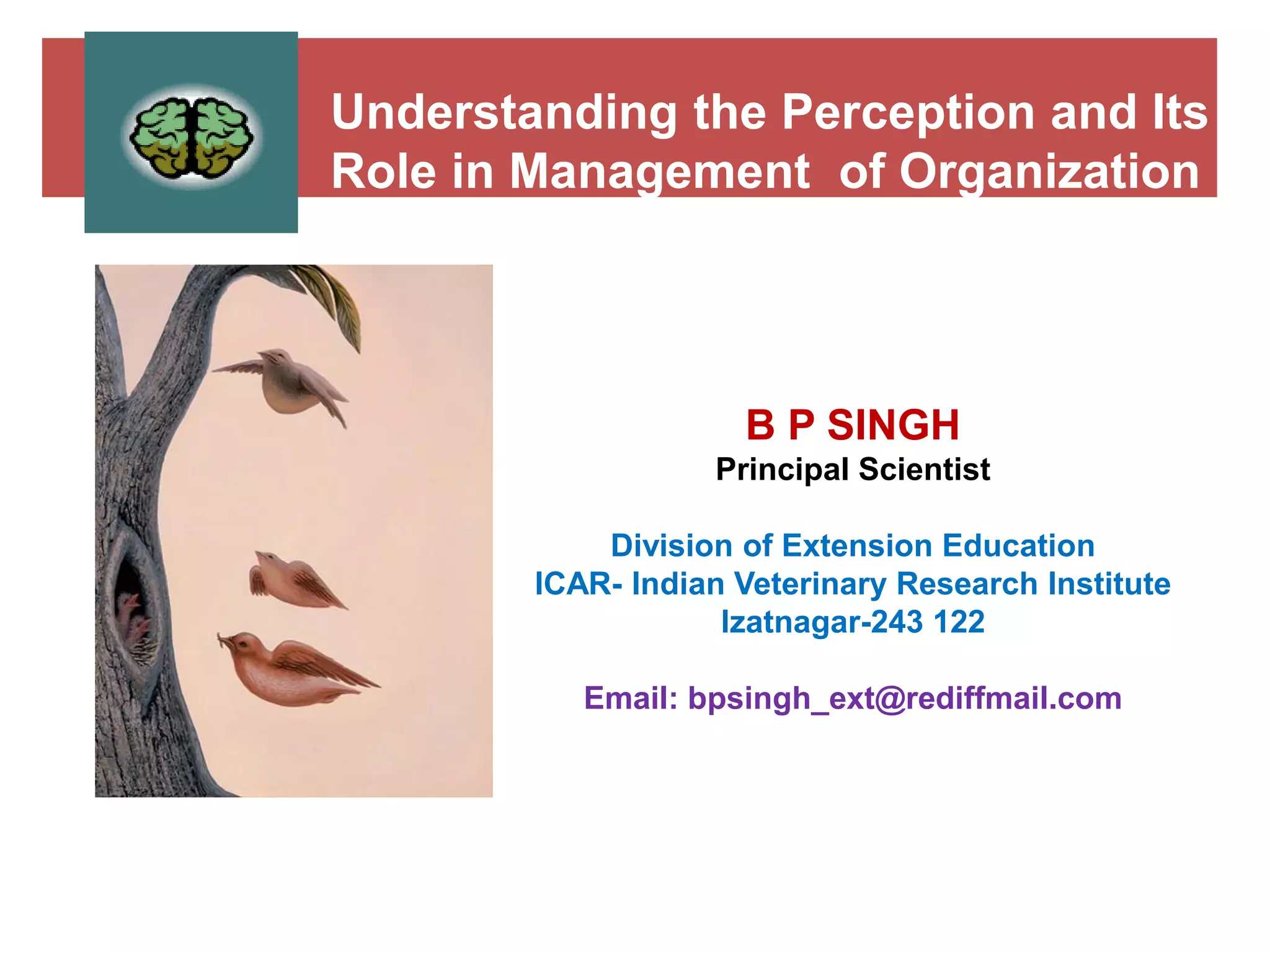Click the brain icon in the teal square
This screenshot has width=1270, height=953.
coord(192,136)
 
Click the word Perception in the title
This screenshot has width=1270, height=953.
coord(907,113)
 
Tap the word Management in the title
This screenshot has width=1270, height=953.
coord(659,172)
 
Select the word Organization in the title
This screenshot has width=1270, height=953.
coord(1049,172)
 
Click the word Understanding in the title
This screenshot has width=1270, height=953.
coord(504,113)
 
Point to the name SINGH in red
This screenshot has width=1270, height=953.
coord(892,426)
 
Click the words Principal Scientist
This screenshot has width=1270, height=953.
coord(853,469)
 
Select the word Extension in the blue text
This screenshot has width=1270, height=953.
coord(858,546)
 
